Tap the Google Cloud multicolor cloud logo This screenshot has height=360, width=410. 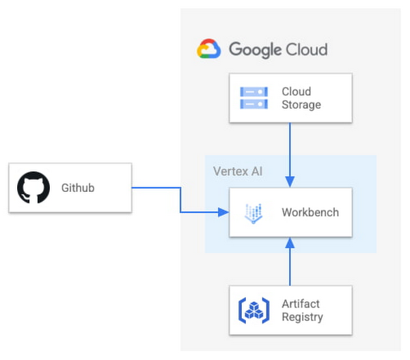tap(209, 49)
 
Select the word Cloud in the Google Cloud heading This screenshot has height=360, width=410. tap(306, 49)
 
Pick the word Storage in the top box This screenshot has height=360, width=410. tap(301, 105)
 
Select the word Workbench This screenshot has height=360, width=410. tap(310, 212)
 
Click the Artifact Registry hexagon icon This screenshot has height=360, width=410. tap(254, 310)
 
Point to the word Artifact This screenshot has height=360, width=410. tap(301, 303)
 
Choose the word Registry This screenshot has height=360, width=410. tap(302, 317)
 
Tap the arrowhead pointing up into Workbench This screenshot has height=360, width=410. tap(290, 242)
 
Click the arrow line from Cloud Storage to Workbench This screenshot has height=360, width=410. tap(290, 150)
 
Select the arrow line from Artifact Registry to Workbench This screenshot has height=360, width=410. tap(290, 266)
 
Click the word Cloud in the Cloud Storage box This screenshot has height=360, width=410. tap(296, 92)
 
